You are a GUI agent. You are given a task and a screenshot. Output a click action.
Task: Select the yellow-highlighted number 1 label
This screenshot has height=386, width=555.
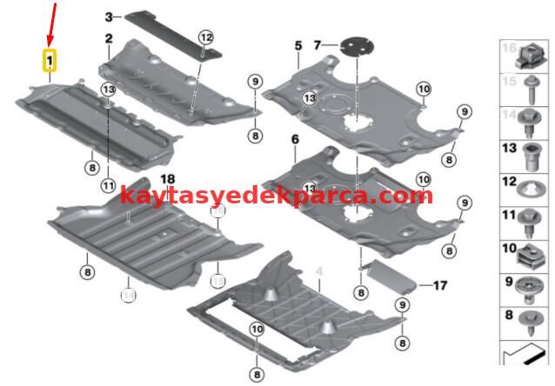tap(50, 61)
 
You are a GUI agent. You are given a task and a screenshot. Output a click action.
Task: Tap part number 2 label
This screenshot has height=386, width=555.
tap(109, 38)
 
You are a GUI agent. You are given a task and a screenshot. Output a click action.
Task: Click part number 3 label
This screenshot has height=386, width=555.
tap(109, 17)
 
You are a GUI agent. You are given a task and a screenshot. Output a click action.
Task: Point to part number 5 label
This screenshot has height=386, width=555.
tap(297, 44)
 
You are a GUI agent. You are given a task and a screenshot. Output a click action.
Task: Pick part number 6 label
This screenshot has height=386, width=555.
tap(294, 139)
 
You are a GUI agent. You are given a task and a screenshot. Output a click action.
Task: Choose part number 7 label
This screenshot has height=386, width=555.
tap(318, 43)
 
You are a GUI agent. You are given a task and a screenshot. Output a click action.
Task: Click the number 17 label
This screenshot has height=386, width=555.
tap(439, 284)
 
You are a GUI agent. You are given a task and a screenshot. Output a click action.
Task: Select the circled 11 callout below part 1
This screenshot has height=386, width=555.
tap(107, 184)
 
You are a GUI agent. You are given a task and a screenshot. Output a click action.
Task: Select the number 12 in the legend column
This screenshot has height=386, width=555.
tap(508, 182)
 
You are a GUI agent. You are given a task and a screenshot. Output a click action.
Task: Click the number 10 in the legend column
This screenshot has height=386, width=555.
tap(508, 250)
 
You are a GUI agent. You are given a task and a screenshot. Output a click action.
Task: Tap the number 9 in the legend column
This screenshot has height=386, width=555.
tap(508, 282)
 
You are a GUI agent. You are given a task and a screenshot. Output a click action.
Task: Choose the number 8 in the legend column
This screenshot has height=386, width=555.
tap(508, 316)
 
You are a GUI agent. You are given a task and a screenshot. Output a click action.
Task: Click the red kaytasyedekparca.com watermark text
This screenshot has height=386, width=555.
tap(276, 195)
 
